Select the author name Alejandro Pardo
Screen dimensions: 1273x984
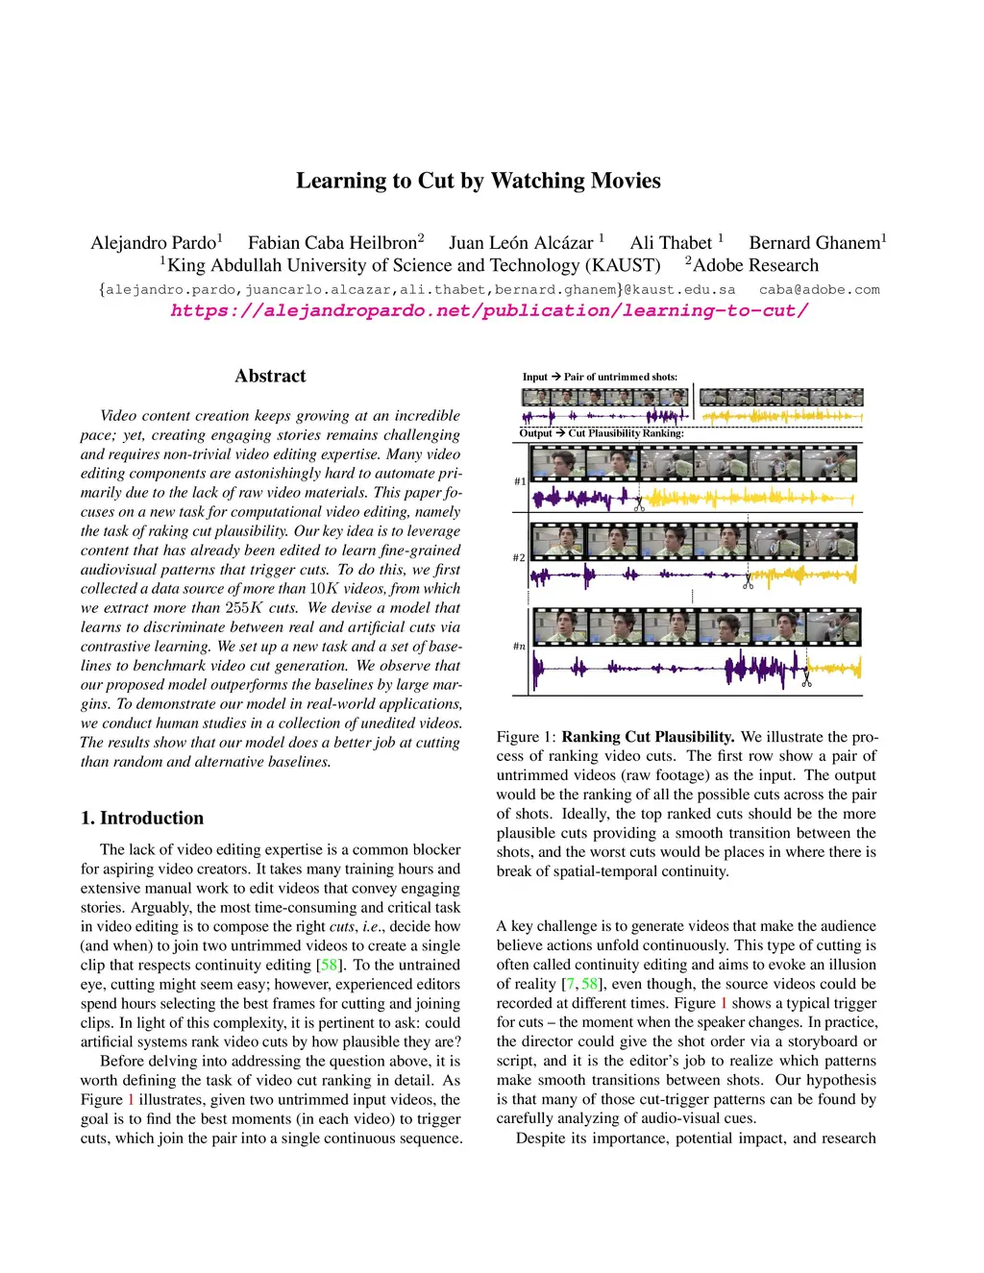[154, 243]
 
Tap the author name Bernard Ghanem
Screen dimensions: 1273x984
[815, 243]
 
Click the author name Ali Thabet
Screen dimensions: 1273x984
[671, 243]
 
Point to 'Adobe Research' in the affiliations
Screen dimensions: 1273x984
[755, 265]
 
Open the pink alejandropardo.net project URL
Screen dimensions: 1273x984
[489, 310]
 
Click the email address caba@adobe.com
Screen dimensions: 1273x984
[819, 289]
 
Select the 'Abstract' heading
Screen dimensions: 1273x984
[270, 376]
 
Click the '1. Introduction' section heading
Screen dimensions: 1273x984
[142, 818]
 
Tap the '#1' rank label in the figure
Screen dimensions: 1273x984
[520, 481]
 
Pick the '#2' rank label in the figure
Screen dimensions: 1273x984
[519, 557]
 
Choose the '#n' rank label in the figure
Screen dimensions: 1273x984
[519, 647]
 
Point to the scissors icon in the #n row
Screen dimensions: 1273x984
[806, 679]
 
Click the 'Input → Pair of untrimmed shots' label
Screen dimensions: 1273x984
[600, 377]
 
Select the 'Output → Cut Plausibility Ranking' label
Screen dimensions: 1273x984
[602, 433]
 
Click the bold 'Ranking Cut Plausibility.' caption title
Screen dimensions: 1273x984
[648, 737]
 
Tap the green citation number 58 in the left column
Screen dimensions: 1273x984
[329, 965]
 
